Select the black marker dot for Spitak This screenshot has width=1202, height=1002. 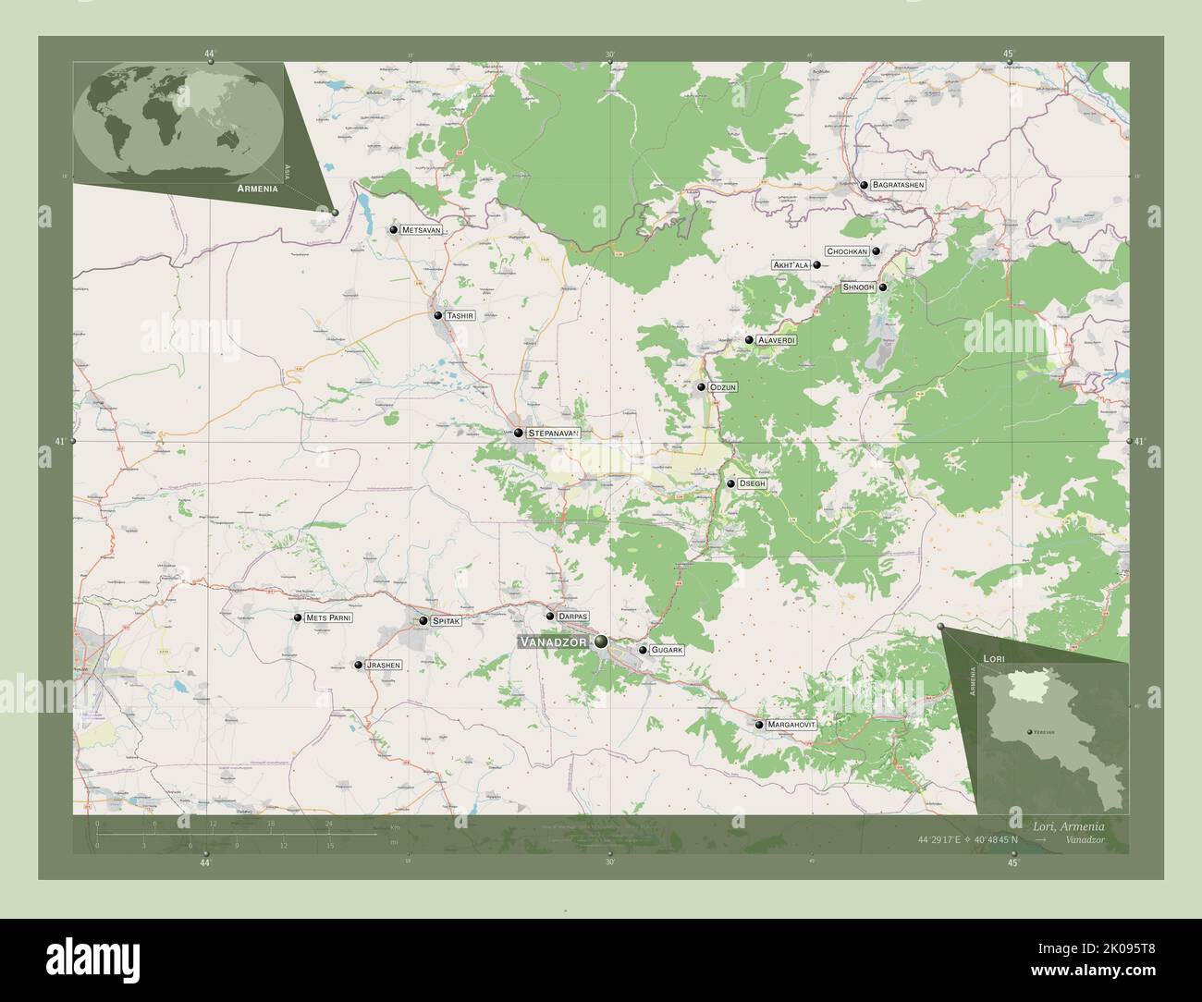click(423, 621)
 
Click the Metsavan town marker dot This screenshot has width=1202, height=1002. click(394, 229)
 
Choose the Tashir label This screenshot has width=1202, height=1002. click(460, 315)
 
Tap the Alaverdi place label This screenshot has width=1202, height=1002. click(776, 340)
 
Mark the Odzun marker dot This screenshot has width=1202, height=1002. click(702, 387)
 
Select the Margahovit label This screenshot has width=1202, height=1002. click(792, 725)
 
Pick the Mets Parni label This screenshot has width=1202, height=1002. click(329, 617)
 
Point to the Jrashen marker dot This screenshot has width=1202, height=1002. click(358, 665)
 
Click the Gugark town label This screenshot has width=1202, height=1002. click(667, 651)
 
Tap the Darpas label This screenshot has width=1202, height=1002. click(573, 616)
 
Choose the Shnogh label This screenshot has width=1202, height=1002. click(858, 287)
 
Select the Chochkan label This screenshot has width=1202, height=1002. click(847, 251)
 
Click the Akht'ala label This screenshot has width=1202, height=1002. click(791, 265)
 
